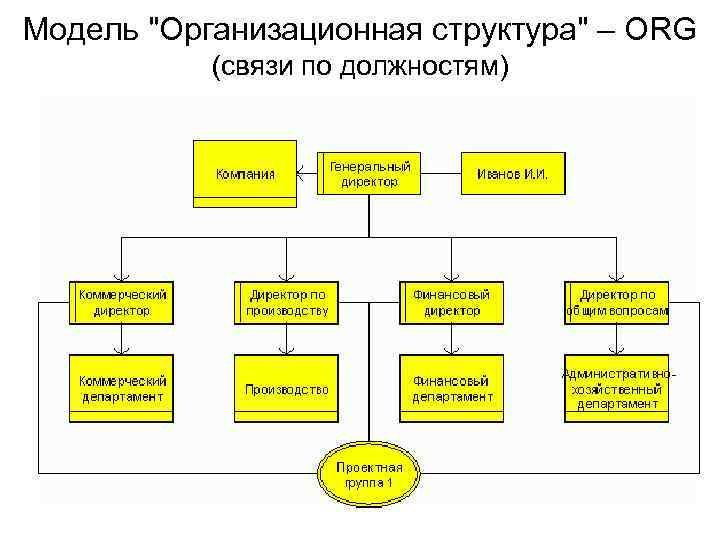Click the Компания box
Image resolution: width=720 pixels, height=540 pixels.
(245, 174)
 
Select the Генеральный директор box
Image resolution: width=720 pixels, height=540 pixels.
(369, 174)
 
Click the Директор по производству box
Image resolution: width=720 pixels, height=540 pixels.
(286, 302)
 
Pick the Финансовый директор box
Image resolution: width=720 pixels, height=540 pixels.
(452, 302)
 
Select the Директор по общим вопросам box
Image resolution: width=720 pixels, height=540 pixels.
(617, 302)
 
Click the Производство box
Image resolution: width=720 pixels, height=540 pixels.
(286, 388)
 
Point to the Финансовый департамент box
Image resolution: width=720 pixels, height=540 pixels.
(452, 388)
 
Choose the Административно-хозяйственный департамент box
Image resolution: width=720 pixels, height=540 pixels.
(617, 388)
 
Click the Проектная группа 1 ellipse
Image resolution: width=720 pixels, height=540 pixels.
(369, 475)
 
